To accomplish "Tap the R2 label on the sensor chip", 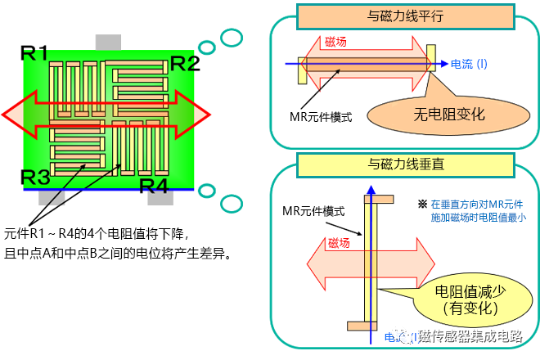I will point(184,63).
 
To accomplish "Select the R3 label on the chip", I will point(35,177).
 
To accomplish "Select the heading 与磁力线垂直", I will point(404,164).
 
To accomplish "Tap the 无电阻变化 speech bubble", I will point(449,114).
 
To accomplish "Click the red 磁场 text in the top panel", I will point(335,43).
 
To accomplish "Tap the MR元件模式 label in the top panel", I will point(322,117).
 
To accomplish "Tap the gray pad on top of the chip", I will point(109,41).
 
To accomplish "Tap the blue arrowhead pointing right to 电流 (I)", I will point(444,63).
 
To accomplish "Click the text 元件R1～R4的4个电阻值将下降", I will point(97,233).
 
